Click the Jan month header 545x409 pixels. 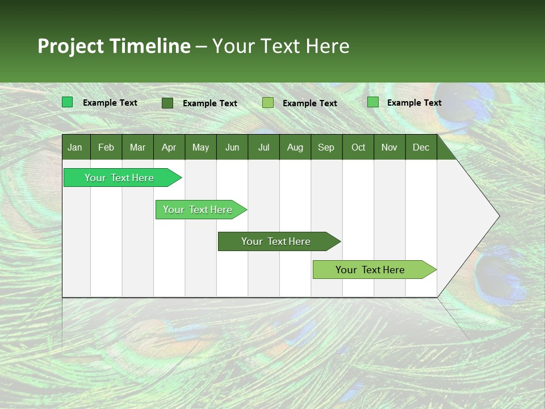(x=75, y=148)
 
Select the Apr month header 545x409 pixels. (x=169, y=148)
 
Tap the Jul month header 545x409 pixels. (x=264, y=148)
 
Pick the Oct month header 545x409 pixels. (x=358, y=148)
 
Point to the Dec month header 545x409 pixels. (x=421, y=148)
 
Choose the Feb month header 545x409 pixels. (x=106, y=148)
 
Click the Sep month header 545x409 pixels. (x=326, y=148)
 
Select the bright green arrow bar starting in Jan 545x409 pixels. (x=123, y=177)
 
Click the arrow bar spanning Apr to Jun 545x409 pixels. (x=201, y=210)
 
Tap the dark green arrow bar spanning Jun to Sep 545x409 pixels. (x=279, y=241)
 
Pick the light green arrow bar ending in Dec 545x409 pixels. (x=375, y=269)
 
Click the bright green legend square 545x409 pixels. (x=68, y=102)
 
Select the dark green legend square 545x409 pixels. (x=167, y=103)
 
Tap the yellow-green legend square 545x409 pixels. (x=268, y=103)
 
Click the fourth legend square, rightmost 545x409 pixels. (x=373, y=102)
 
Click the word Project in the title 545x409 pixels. (x=70, y=47)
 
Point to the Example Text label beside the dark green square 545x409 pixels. (x=210, y=103)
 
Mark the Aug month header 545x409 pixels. (x=295, y=148)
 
